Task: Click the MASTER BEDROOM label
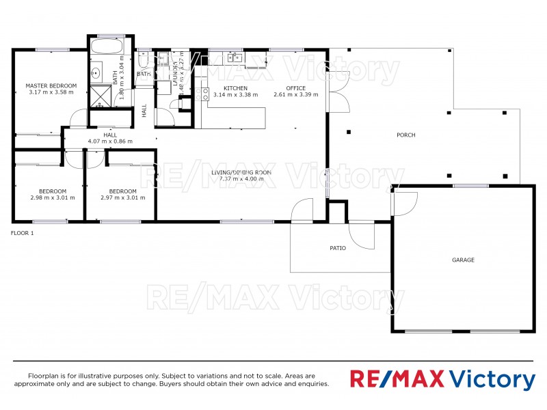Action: coord(51,85)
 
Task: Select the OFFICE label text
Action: coord(295,88)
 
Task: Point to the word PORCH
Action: coord(406,135)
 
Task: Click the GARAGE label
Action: coord(463,260)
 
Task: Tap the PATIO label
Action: coord(338,247)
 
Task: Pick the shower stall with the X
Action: coord(102,95)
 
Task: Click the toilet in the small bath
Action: coord(144,61)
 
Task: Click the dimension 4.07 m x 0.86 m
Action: coord(110,141)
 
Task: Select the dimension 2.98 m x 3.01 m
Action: coord(53,197)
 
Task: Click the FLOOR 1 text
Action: coord(23,233)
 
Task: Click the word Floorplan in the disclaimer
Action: coord(44,376)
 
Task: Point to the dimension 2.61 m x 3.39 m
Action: coord(295,95)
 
